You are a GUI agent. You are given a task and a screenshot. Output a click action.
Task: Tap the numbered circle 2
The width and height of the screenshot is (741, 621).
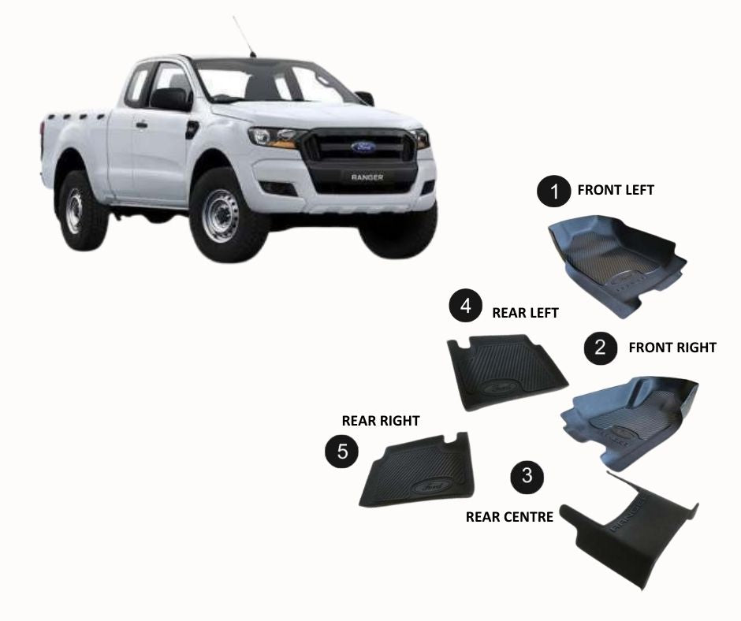601,347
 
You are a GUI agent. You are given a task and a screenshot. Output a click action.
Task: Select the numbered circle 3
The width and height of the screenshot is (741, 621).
527,475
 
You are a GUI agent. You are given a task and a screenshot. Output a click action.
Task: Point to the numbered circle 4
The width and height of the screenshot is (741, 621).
465,306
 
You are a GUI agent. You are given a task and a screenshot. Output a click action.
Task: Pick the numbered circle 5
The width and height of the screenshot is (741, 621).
342,451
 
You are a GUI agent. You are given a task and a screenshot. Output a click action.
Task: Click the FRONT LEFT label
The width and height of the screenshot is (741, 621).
616,190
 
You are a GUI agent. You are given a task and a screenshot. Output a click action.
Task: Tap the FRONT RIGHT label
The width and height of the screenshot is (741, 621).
672,347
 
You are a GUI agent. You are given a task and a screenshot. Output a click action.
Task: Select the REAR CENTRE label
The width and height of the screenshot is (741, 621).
509,517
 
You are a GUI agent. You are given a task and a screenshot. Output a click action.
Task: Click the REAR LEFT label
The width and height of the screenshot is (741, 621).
525,313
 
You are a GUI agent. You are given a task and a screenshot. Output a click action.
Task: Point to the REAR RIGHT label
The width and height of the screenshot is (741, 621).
380,421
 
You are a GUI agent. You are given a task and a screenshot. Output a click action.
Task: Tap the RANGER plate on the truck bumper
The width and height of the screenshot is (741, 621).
367,177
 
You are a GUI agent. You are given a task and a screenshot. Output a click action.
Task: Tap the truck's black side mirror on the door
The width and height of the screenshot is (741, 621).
170,99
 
